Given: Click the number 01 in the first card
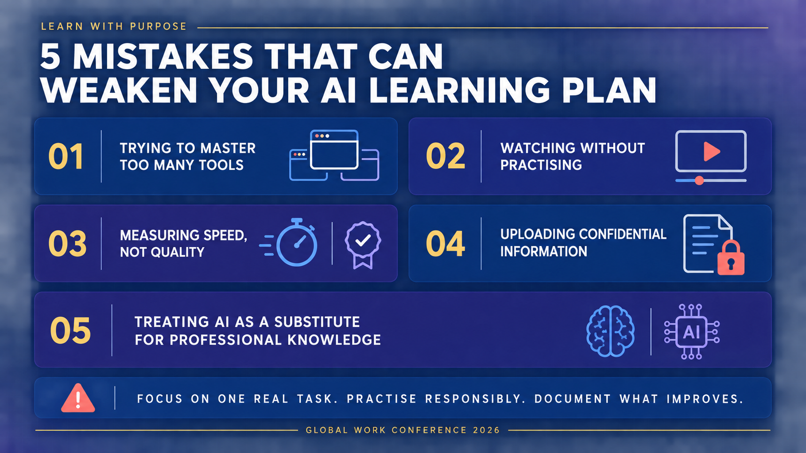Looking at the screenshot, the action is point(66,156).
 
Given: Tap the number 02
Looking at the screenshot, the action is point(445,156).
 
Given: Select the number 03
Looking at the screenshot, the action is point(67,244).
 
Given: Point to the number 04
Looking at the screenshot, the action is point(445,244).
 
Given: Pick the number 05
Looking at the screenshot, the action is point(70,331).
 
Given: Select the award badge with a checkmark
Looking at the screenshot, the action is point(363,245).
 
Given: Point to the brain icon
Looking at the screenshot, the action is point(610,331).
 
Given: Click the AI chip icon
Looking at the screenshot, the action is point(691,332).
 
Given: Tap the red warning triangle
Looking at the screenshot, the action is point(78,398).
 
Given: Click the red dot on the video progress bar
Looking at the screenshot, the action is point(699,181).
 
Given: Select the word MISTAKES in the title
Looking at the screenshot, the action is point(163,57).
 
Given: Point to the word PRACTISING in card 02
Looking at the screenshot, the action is point(541,165).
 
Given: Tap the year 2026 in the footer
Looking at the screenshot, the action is point(486,430).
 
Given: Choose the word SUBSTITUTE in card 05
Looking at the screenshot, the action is point(317,322).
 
